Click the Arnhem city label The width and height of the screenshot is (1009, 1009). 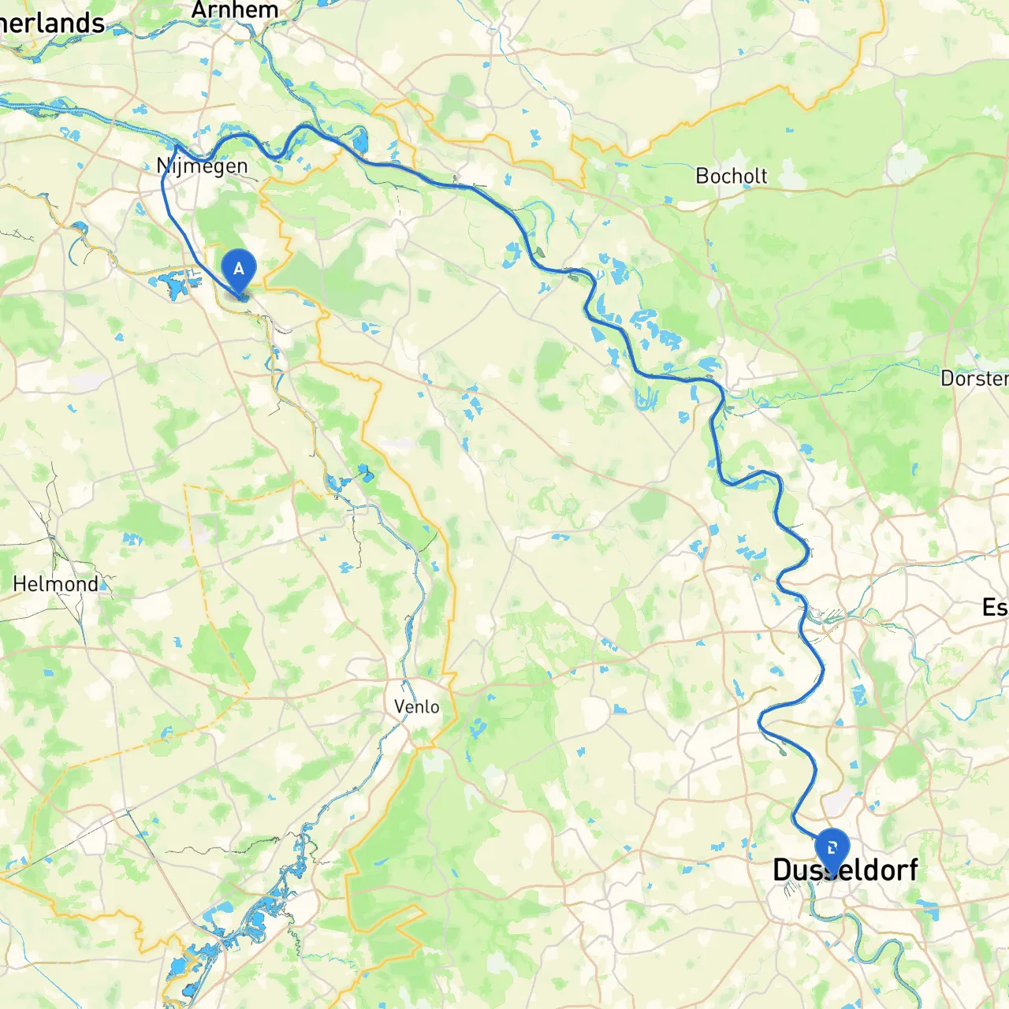pyautogui.click(x=235, y=10)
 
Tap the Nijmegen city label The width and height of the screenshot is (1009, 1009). pyautogui.click(x=203, y=166)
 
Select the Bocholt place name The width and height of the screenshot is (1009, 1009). pyautogui.click(x=731, y=176)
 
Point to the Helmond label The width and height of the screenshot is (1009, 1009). pyautogui.click(x=56, y=584)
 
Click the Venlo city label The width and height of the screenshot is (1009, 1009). pyautogui.click(x=416, y=706)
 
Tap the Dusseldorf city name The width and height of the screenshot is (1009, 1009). pyautogui.click(x=845, y=870)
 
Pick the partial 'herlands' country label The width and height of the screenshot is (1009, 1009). pyautogui.click(x=52, y=24)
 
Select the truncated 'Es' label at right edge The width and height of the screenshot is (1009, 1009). pyautogui.click(x=994, y=608)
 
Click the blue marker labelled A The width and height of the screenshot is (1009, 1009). pyautogui.click(x=239, y=270)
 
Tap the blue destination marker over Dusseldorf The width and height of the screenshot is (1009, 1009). pyautogui.click(x=832, y=850)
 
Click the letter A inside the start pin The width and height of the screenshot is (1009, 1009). pyautogui.click(x=239, y=269)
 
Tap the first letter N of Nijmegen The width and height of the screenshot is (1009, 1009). pyautogui.click(x=163, y=166)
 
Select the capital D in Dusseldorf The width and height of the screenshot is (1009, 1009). pyautogui.click(x=782, y=870)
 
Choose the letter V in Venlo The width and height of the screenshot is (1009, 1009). pyautogui.click(x=400, y=706)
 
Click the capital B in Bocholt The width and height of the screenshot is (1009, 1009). pyautogui.click(x=702, y=176)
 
